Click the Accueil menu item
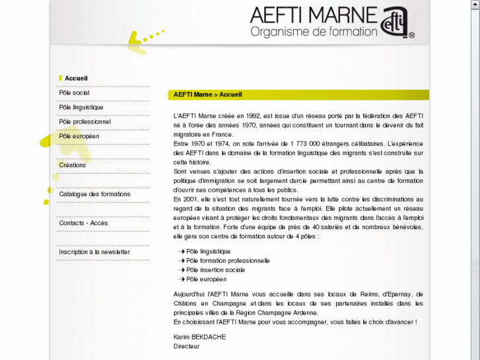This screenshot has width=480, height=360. click(x=76, y=78)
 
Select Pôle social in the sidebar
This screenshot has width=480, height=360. click(x=74, y=92)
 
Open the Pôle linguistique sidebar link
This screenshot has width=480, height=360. click(x=81, y=107)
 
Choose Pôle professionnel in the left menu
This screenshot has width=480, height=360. click(x=85, y=122)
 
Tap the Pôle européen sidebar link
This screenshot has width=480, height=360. click(x=79, y=136)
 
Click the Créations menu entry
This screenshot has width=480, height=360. click(x=73, y=165)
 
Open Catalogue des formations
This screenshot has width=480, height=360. click(x=94, y=194)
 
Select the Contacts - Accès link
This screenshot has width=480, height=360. click(x=83, y=223)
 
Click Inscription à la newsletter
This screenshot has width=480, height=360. click(x=94, y=252)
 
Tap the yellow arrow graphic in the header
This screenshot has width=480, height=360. click(x=141, y=41)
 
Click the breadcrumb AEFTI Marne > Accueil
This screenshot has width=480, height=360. click(x=207, y=95)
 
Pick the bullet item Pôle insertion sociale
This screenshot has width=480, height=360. click(x=215, y=270)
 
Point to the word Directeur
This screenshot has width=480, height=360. click(x=186, y=345)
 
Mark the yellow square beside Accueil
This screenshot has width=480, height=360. click(x=61, y=78)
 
